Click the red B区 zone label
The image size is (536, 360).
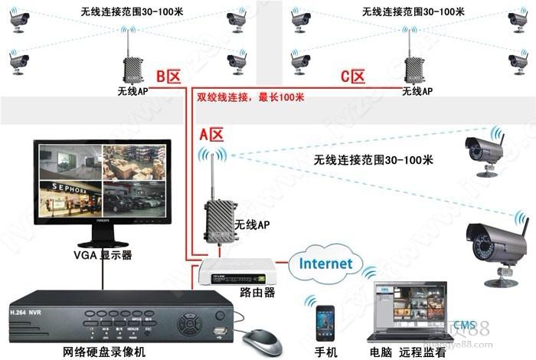(168, 77)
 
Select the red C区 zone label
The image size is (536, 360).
(353, 77)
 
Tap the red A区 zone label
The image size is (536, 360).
(211, 134)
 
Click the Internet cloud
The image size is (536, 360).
(326, 264)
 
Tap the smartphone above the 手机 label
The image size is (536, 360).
(325, 322)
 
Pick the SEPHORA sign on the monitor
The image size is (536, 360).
(70, 186)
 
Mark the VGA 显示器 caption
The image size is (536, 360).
(103, 254)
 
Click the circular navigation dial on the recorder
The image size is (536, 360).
(188, 322)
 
